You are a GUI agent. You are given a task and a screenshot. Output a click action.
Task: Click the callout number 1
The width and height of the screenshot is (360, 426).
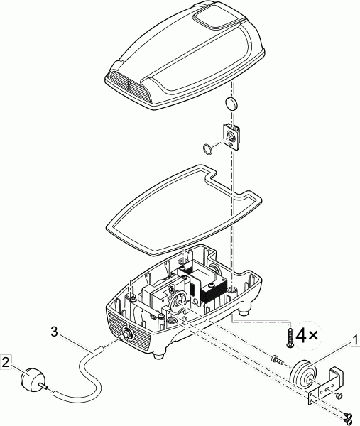click(354, 341)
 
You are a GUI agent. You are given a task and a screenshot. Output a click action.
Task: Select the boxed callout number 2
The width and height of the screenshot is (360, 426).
click(6, 362)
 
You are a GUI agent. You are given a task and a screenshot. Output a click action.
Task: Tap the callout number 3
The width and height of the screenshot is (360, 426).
click(55, 332)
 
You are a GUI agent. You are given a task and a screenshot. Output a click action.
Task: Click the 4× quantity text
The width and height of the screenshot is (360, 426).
click(307, 336)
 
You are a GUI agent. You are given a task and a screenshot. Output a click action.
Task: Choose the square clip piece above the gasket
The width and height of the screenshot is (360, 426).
click(231, 136)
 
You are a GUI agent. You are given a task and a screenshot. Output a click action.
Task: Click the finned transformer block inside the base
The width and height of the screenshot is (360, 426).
click(213, 293)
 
